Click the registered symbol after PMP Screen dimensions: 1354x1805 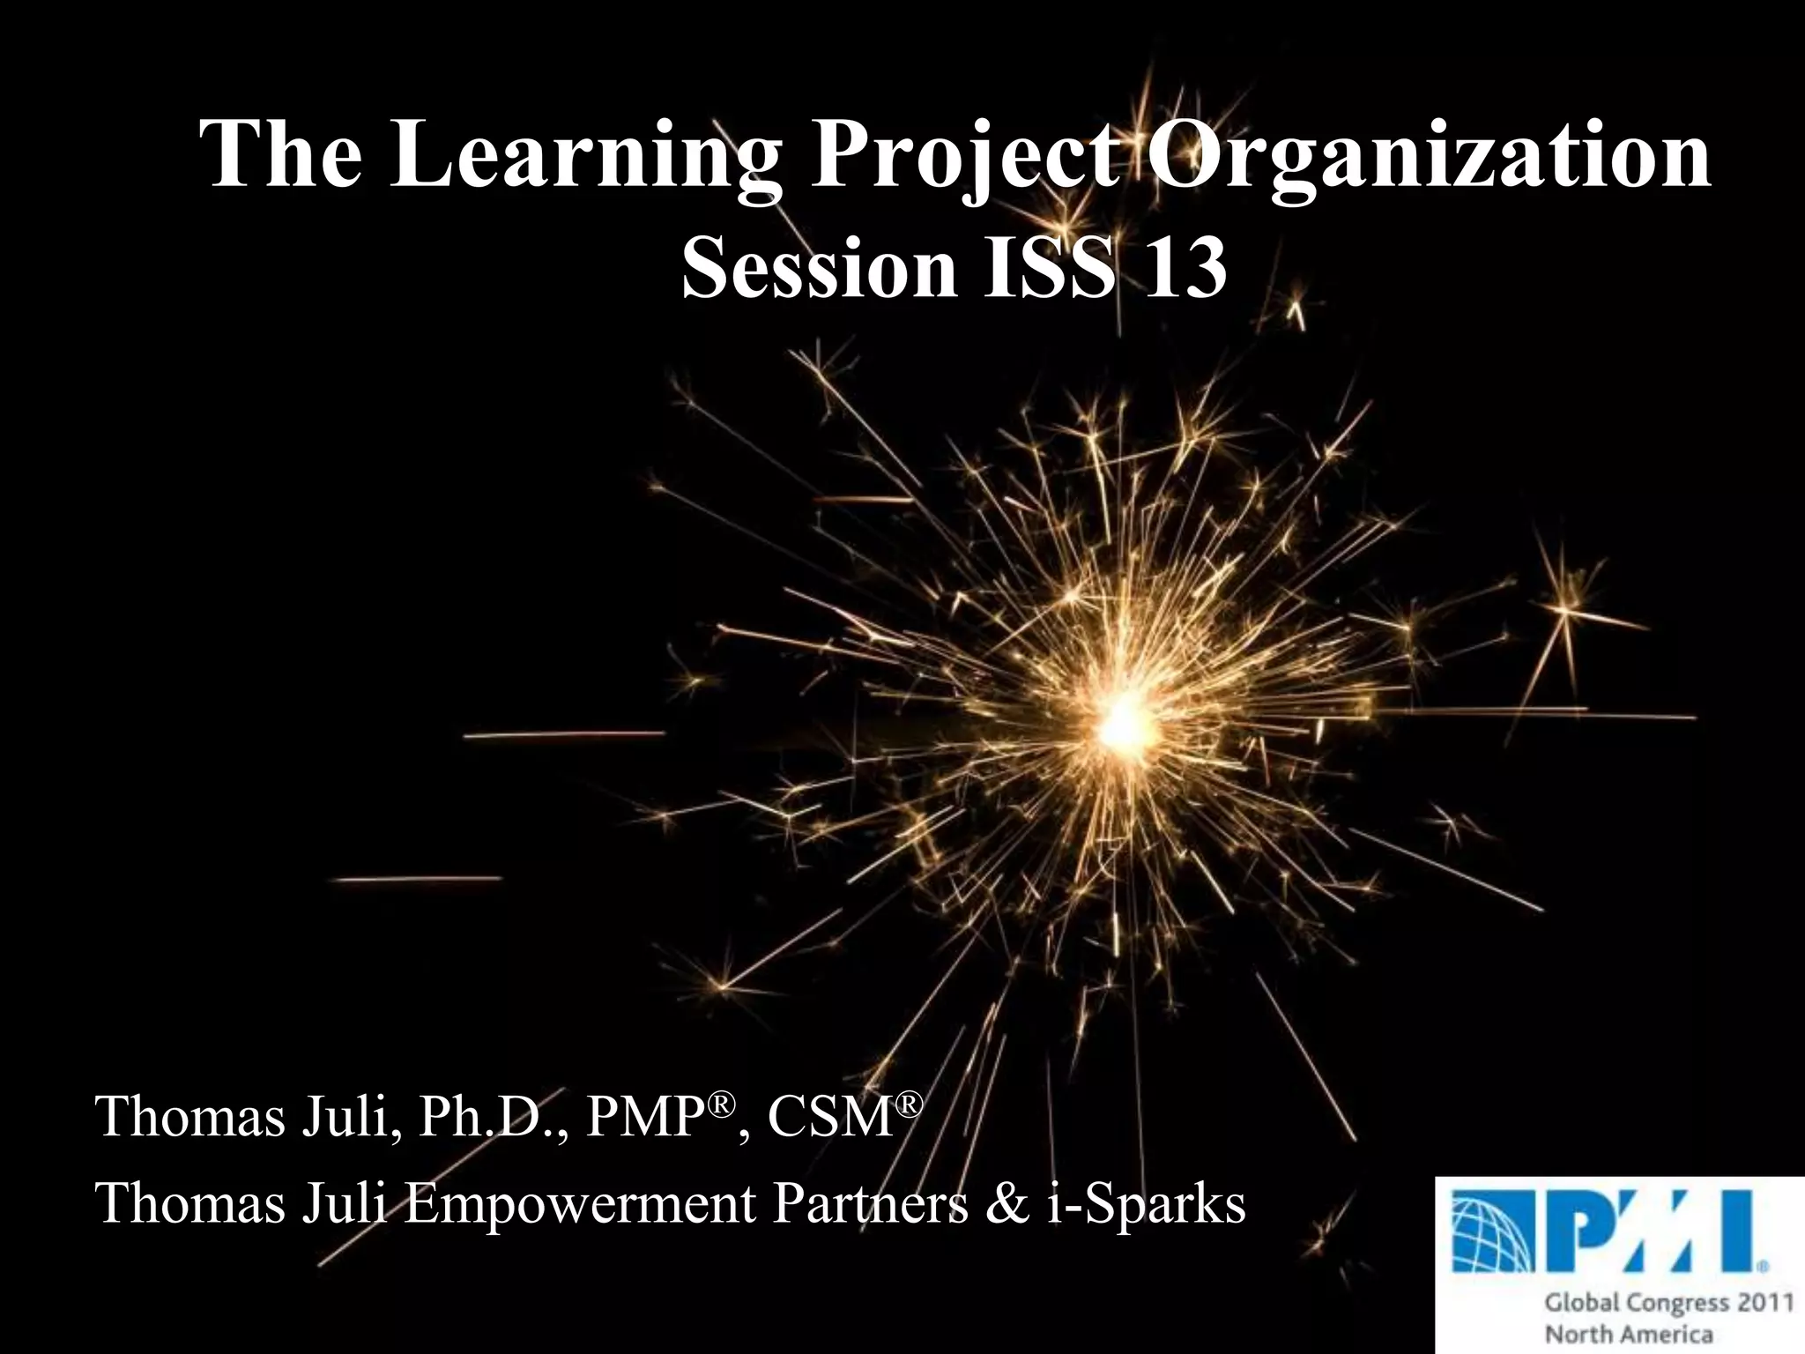click(x=723, y=1103)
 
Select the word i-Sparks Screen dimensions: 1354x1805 click(x=1146, y=1204)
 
